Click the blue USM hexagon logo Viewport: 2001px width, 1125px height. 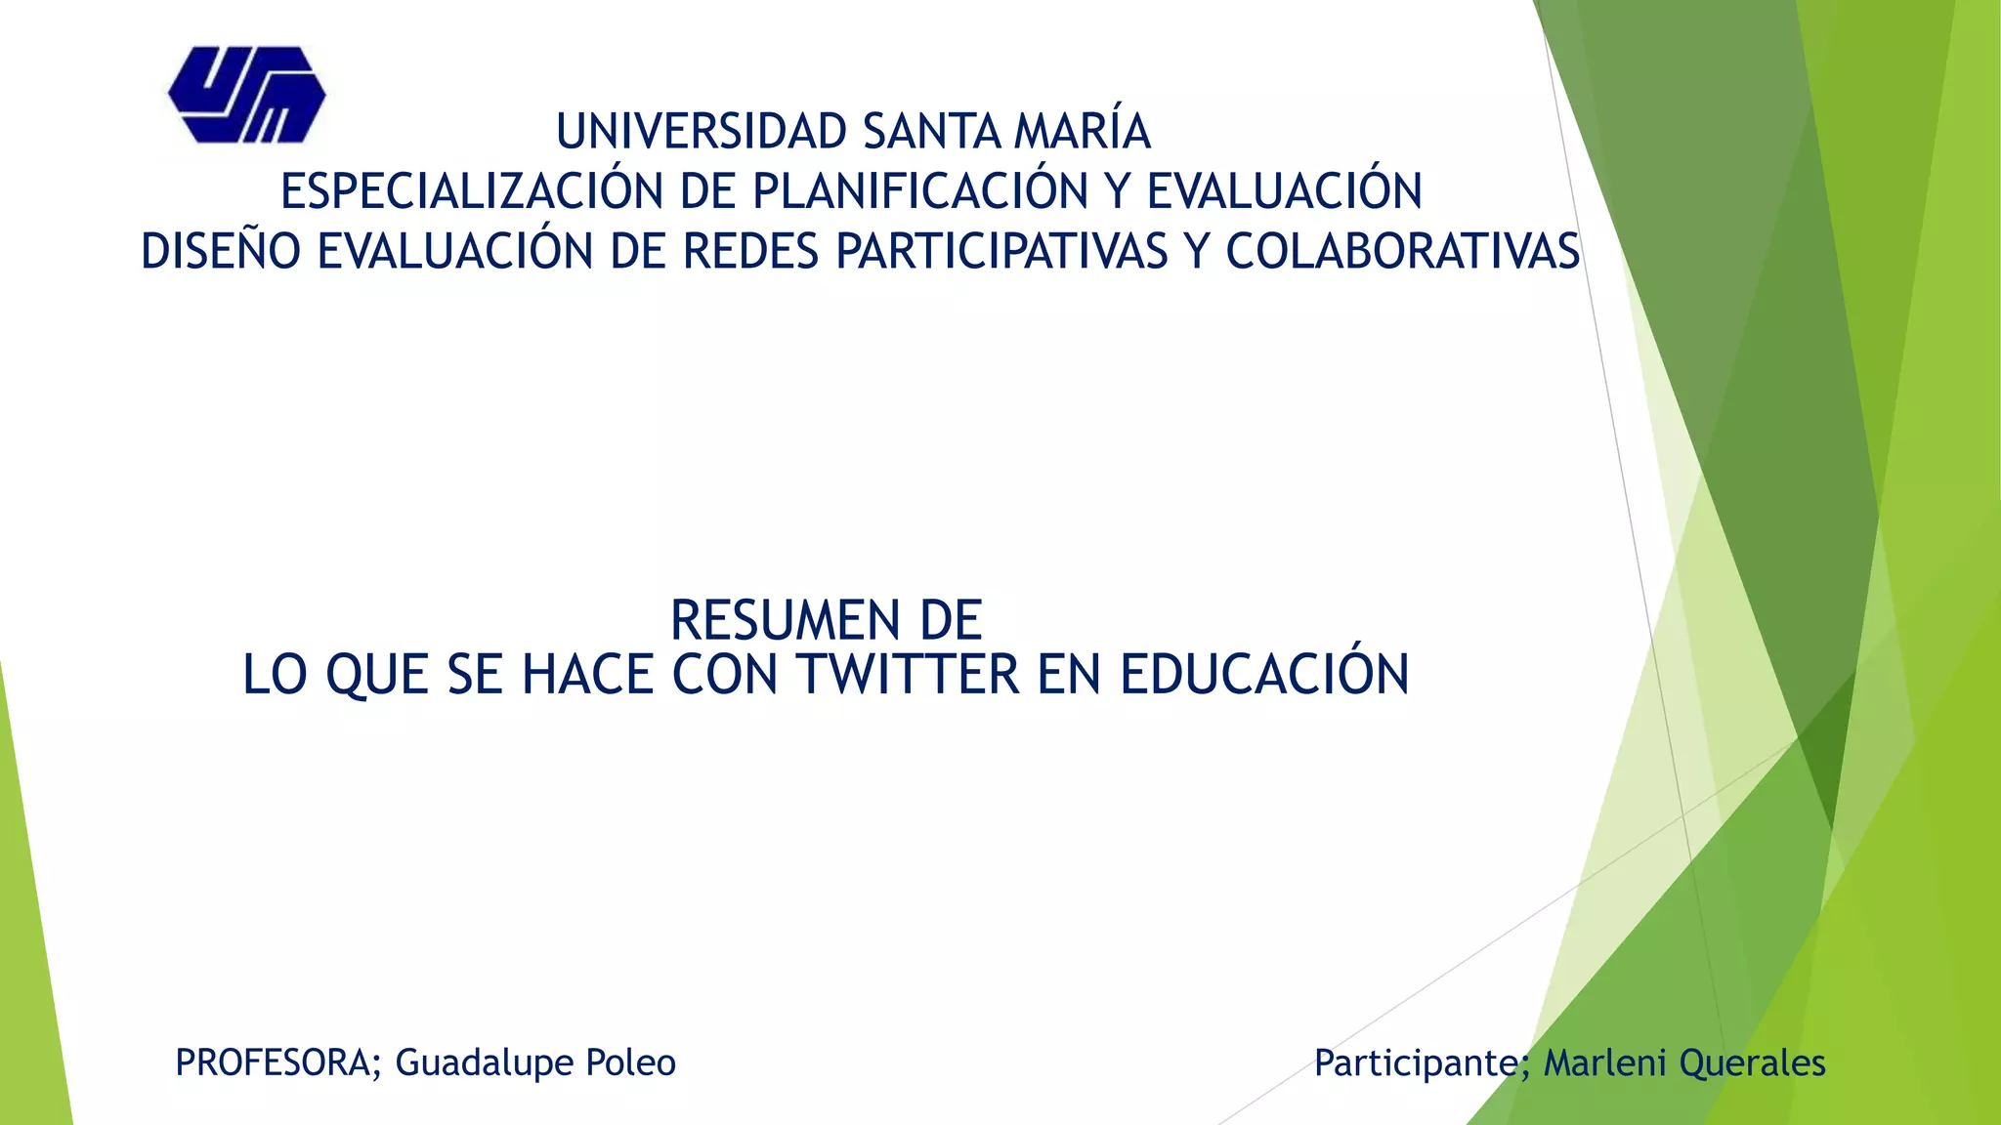coord(246,95)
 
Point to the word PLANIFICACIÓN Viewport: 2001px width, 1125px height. coord(919,191)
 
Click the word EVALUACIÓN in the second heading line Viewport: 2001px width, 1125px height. coord(1284,191)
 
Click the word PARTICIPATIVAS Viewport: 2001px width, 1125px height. coord(1001,252)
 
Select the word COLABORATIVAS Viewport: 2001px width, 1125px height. coord(1402,252)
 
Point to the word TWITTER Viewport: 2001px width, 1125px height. coord(908,675)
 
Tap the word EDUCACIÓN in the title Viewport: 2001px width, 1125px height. coord(1264,675)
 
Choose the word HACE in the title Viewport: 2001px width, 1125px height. coord(587,675)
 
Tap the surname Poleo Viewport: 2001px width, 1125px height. coord(630,1062)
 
